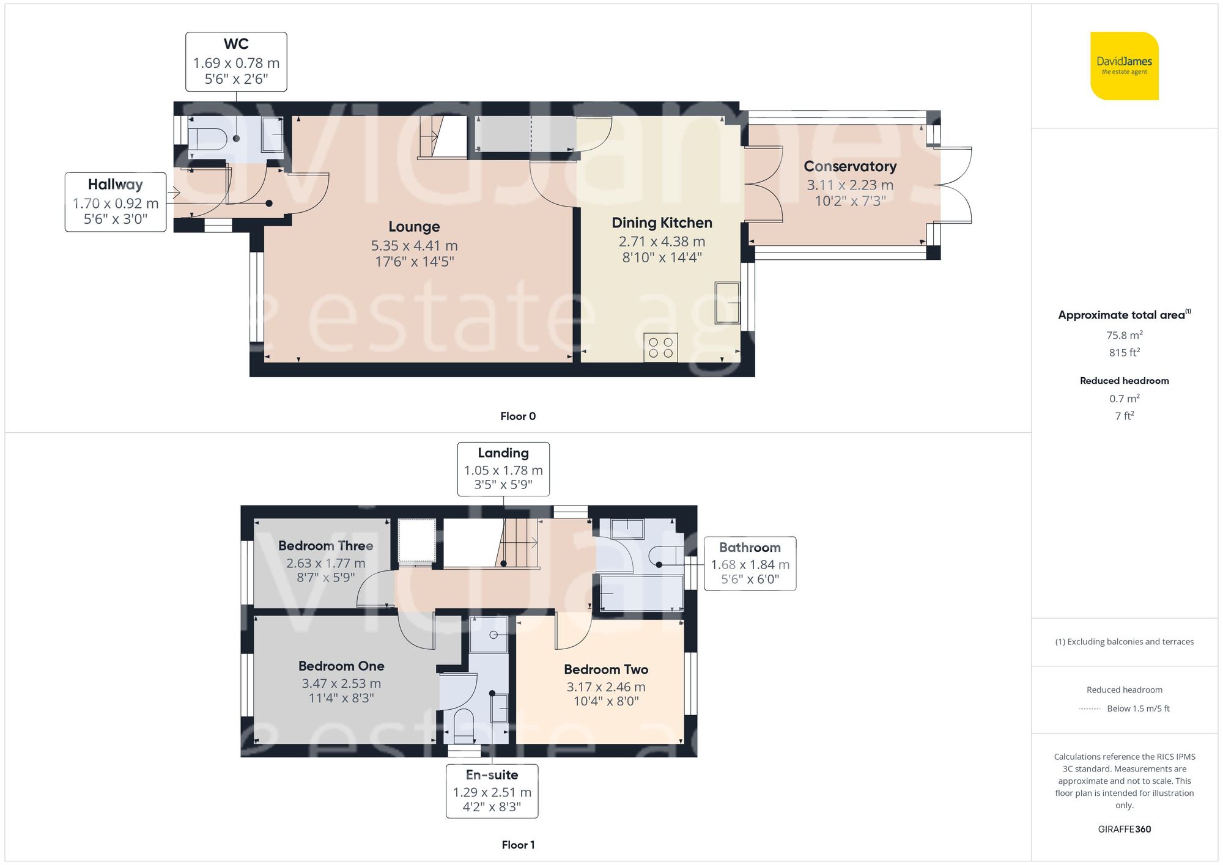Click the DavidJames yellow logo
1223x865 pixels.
[x=1124, y=66]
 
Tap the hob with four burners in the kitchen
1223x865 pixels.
[x=660, y=347]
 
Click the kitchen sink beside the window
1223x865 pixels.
[x=727, y=303]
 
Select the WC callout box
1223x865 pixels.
[x=236, y=62]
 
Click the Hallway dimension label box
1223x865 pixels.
[x=116, y=202]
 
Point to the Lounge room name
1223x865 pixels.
[x=414, y=227]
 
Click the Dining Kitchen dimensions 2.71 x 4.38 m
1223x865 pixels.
[x=662, y=241]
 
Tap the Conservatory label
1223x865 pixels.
[x=850, y=166]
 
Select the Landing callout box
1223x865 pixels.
[x=503, y=469]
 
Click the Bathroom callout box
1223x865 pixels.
[x=750, y=564]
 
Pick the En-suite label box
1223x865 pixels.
[x=492, y=791]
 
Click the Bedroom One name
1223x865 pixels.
[x=341, y=666]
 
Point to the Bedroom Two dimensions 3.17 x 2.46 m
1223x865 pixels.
[x=605, y=687]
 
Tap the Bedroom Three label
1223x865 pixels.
[x=325, y=546]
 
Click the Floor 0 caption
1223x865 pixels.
[x=518, y=416]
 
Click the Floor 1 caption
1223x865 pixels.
[x=518, y=845]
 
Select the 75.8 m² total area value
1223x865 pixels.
[x=1124, y=335]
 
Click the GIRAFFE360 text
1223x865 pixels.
[x=1124, y=830]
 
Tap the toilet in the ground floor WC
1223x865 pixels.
[x=208, y=139]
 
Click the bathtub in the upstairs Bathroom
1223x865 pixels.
[x=641, y=593]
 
